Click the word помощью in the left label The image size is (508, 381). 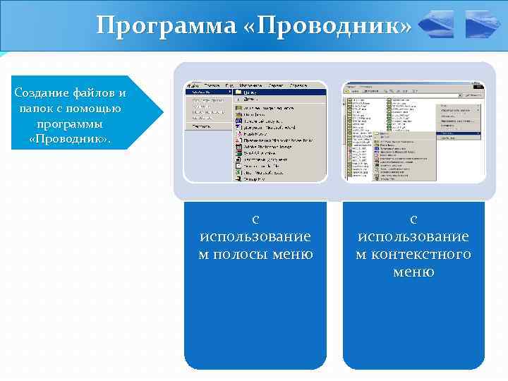click(97, 109)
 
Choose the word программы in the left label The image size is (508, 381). click(70, 124)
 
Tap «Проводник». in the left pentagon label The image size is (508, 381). click(70, 139)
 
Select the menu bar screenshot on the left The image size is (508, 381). click(255, 132)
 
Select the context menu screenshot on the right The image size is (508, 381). click(413, 132)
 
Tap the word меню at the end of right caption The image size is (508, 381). click(413, 272)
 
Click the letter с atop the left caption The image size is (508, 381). click(255, 219)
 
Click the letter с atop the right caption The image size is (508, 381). click(413, 219)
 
